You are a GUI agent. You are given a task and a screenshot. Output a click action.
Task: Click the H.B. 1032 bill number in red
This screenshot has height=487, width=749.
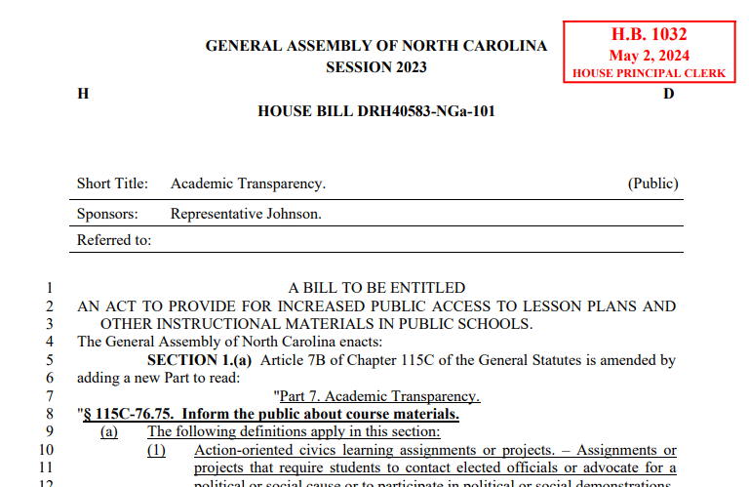point(649,35)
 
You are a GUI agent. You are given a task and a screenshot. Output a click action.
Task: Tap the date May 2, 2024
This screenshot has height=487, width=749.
point(649,56)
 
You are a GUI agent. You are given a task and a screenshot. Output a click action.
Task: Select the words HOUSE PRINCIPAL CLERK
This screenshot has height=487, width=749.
point(649,73)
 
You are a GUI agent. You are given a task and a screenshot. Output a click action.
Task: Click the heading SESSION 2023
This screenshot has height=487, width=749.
point(375,67)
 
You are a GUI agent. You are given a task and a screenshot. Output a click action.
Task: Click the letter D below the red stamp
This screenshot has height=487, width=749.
point(668,94)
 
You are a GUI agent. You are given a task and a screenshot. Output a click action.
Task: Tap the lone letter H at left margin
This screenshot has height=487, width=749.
point(83,94)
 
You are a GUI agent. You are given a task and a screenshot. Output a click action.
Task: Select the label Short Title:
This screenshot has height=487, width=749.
point(112,183)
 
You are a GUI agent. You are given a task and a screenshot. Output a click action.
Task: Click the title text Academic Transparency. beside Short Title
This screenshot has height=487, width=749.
point(248,183)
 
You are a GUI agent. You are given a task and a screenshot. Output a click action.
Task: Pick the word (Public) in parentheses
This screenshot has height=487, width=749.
point(652,183)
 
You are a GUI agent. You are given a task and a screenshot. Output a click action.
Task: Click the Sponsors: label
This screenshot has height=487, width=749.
point(107,214)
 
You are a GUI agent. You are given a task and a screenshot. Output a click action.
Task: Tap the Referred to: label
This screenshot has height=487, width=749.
point(114,240)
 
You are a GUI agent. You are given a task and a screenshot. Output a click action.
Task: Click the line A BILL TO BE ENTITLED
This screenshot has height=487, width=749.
point(376,288)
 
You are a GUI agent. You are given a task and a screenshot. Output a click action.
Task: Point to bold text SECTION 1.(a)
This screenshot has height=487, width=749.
point(199,360)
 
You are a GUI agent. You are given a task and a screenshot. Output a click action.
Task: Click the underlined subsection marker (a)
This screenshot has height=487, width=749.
point(109,431)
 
